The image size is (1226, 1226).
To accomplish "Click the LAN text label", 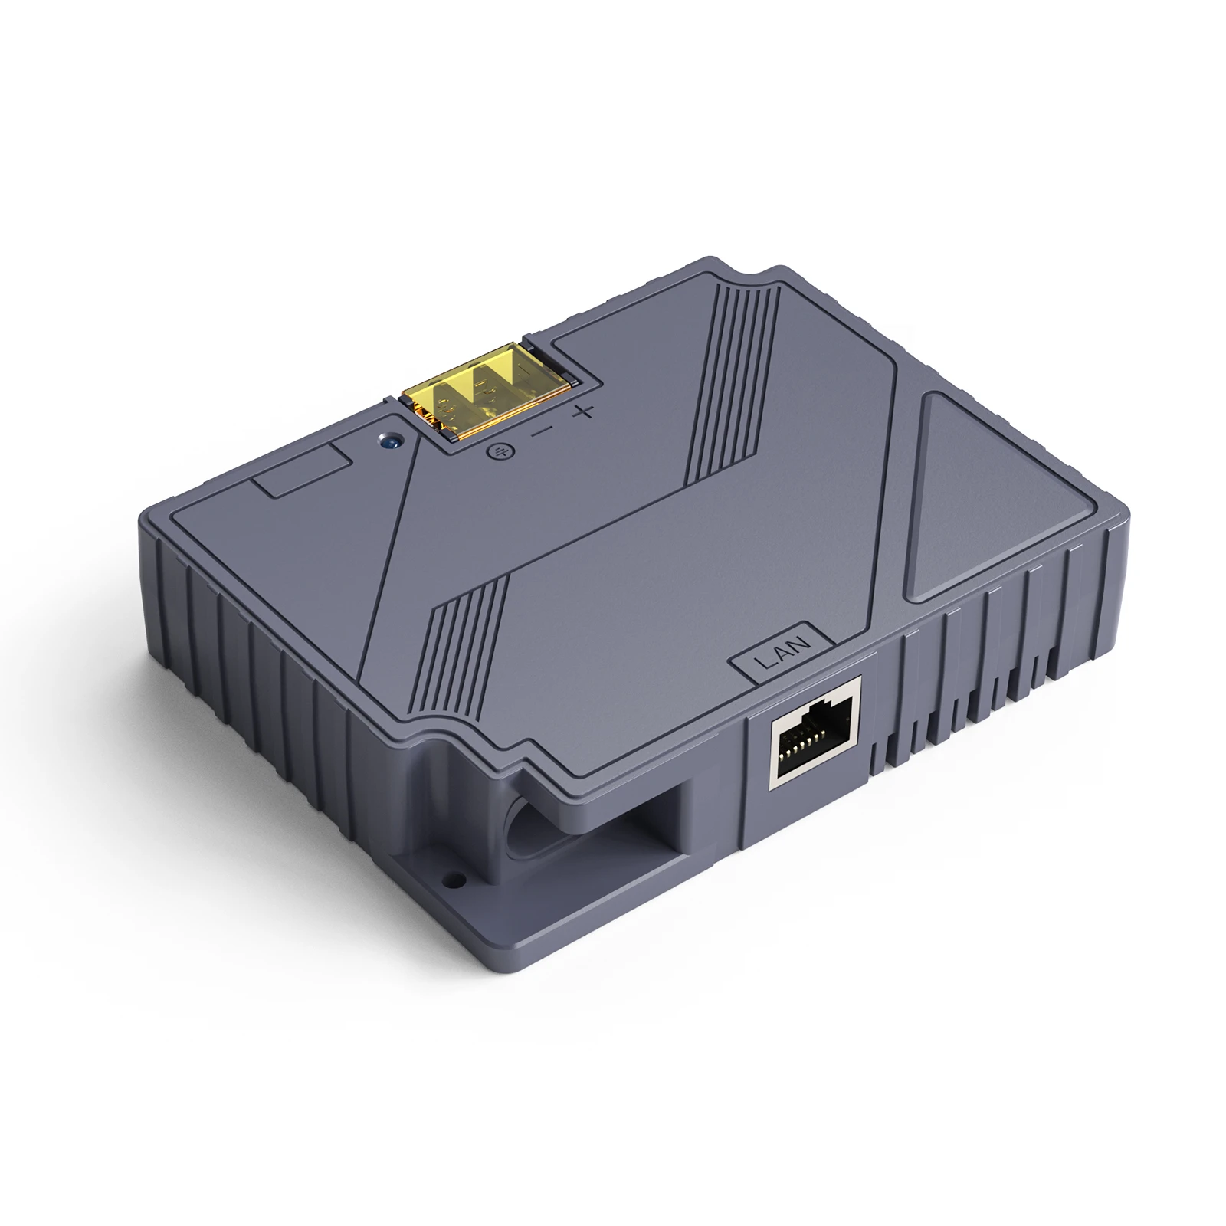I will (x=779, y=654).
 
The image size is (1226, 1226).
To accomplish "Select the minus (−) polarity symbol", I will (x=541, y=432).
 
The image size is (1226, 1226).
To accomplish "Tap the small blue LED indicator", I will (x=391, y=441).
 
